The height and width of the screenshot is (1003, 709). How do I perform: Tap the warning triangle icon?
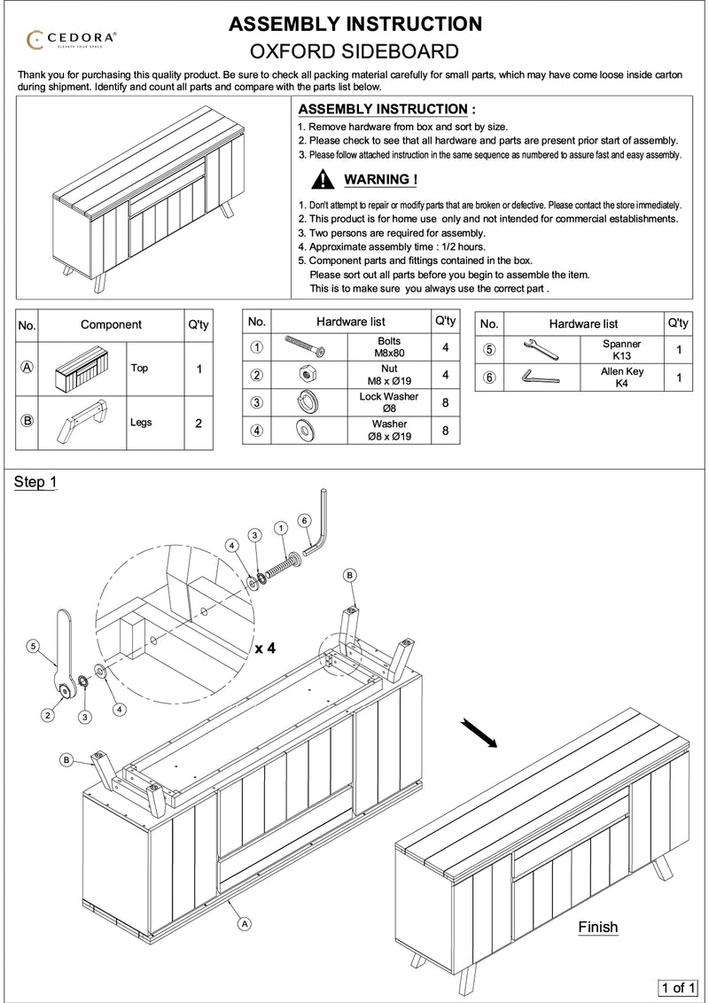(x=324, y=180)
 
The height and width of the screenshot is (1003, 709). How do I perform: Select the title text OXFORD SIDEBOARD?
(x=354, y=51)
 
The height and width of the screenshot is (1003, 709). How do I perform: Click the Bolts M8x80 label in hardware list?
(x=388, y=347)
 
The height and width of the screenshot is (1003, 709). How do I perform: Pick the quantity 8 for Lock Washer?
(x=446, y=403)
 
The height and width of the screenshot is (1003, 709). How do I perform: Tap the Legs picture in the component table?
(x=84, y=422)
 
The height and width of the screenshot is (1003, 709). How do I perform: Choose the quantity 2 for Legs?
(x=198, y=423)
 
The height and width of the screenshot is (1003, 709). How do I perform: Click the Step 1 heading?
(x=35, y=482)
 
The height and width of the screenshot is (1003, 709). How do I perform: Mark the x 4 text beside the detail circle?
(x=265, y=648)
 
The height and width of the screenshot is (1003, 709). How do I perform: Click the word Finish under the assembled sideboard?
(x=597, y=928)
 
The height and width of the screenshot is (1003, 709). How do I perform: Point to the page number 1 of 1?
(x=679, y=986)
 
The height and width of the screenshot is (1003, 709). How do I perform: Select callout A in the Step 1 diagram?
(x=244, y=923)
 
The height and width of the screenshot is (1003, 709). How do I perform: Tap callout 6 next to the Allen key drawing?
(x=304, y=519)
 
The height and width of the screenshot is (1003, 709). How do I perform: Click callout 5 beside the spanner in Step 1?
(x=32, y=648)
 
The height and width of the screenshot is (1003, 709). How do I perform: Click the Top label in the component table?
(x=139, y=368)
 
